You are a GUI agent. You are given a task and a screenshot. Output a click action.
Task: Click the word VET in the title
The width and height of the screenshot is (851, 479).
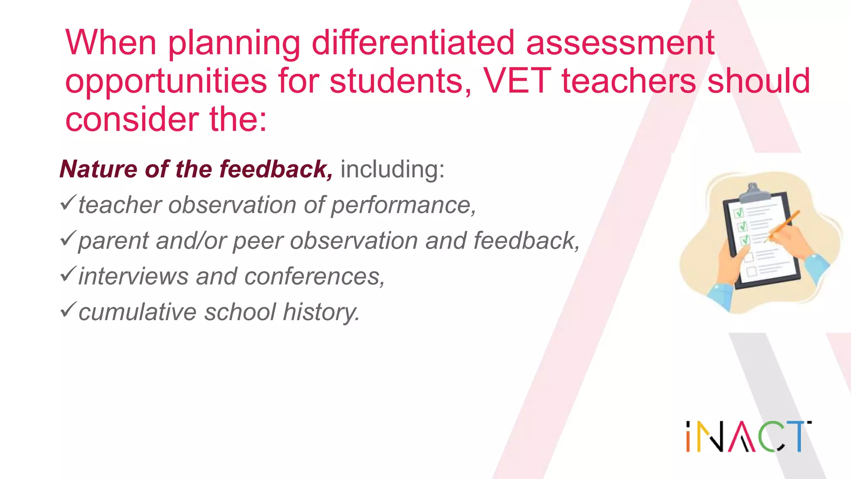tap(517, 81)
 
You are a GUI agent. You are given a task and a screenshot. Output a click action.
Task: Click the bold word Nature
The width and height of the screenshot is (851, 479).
tap(98, 169)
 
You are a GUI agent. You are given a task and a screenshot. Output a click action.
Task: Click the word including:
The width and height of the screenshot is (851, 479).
tap(392, 169)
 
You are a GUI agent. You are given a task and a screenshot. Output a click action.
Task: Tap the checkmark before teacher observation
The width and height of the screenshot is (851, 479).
tap(67, 202)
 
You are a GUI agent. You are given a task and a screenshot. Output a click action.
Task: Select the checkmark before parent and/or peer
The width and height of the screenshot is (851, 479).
tap(67, 238)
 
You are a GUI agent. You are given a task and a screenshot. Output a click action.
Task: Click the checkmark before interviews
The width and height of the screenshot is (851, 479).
tap(67, 274)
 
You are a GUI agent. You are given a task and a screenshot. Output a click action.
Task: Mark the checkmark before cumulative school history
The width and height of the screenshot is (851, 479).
tap(67, 310)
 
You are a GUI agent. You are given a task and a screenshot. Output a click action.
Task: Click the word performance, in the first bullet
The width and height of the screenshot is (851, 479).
tap(403, 205)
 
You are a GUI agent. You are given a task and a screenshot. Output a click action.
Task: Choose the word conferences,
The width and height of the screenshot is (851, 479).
tap(315, 277)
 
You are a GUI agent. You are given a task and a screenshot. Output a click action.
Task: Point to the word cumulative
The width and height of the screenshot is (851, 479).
tap(137, 312)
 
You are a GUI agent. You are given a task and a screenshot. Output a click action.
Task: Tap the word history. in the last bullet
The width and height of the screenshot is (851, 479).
tap(321, 312)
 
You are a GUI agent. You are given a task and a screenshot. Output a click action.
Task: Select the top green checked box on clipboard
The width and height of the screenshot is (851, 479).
tap(739, 213)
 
